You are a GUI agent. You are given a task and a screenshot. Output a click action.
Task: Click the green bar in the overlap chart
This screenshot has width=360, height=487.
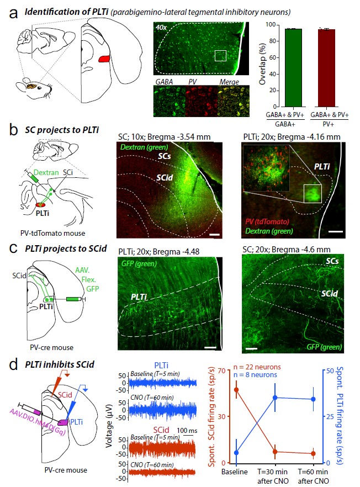[x=294, y=68]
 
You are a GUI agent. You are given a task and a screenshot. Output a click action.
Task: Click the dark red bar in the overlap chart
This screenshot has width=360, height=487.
[x=326, y=68]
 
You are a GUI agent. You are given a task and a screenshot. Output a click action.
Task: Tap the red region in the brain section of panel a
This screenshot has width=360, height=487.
[x=104, y=59]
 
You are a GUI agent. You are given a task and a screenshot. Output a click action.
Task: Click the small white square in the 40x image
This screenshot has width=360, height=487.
[x=220, y=56]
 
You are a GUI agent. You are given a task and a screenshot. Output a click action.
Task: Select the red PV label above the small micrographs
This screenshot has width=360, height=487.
[x=193, y=82]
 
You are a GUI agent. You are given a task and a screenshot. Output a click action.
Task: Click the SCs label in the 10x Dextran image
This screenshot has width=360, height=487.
[x=164, y=156]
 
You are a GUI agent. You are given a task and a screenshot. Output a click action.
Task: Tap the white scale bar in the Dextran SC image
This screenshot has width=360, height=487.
[x=214, y=235]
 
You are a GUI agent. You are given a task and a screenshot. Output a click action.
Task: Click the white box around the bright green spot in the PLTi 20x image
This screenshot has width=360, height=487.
[x=313, y=193]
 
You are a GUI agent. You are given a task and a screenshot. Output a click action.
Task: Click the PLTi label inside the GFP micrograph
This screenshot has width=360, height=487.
[x=139, y=297]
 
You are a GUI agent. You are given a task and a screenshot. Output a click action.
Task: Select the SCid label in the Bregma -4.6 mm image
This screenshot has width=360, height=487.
[x=329, y=293]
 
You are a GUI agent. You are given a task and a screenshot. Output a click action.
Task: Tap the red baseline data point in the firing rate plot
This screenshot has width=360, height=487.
[x=236, y=389]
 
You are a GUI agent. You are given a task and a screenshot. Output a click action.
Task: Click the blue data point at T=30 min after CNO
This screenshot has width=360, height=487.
[x=275, y=398]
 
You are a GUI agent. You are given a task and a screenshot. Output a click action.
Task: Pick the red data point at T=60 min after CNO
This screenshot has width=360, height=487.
[x=313, y=453]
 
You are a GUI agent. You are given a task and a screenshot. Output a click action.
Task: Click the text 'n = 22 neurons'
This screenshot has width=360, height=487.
[x=257, y=367]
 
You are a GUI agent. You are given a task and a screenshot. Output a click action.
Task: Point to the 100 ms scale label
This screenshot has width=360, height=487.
[x=187, y=431]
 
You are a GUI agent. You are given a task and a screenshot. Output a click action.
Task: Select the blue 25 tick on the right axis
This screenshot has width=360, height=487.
[x=329, y=416]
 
